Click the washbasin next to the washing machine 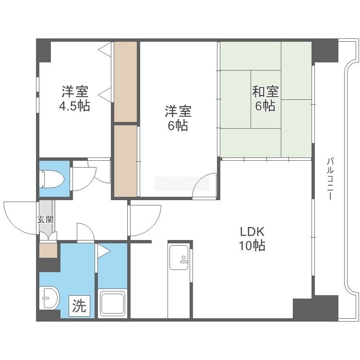[49, 298]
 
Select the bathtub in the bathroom [112, 303]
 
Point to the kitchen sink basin [179, 257]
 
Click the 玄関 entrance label [46, 220]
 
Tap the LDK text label [252, 232]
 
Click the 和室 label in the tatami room [265, 91]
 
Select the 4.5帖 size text [74, 106]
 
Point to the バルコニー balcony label [330, 179]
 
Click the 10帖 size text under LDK [252, 246]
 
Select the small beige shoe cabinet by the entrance [48, 250]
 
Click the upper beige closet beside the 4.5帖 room [126, 82]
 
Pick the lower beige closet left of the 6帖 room [126, 161]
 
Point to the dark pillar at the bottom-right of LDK [315, 308]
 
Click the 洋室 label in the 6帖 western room [178, 111]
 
